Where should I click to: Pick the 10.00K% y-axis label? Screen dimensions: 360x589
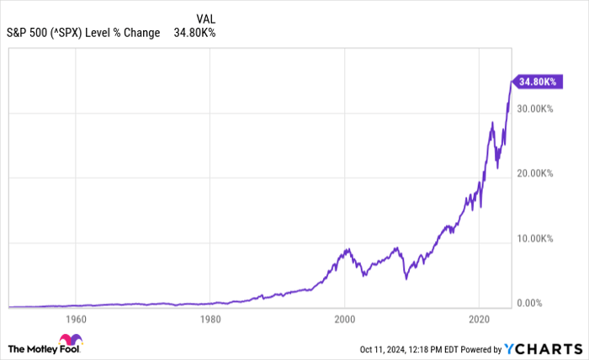pos(535,238)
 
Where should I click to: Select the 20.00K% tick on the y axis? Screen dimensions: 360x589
pos(535,173)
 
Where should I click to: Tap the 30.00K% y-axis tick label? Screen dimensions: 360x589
pos(535,109)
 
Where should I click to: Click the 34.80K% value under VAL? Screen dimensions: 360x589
pos(194,34)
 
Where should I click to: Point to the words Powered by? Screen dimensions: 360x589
pos(479,348)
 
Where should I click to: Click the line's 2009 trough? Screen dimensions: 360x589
pos(406,278)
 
